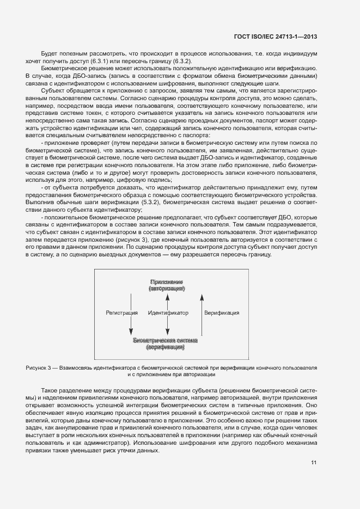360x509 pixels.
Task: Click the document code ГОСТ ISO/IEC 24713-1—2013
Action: [x=276, y=37]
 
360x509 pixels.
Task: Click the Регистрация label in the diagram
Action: [x=120, y=314]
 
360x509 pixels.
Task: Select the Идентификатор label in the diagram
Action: [x=168, y=314]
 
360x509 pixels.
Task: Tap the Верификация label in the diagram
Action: [x=222, y=314]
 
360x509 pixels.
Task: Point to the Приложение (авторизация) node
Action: [x=166, y=286]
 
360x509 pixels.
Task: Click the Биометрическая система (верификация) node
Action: [x=166, y=343]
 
